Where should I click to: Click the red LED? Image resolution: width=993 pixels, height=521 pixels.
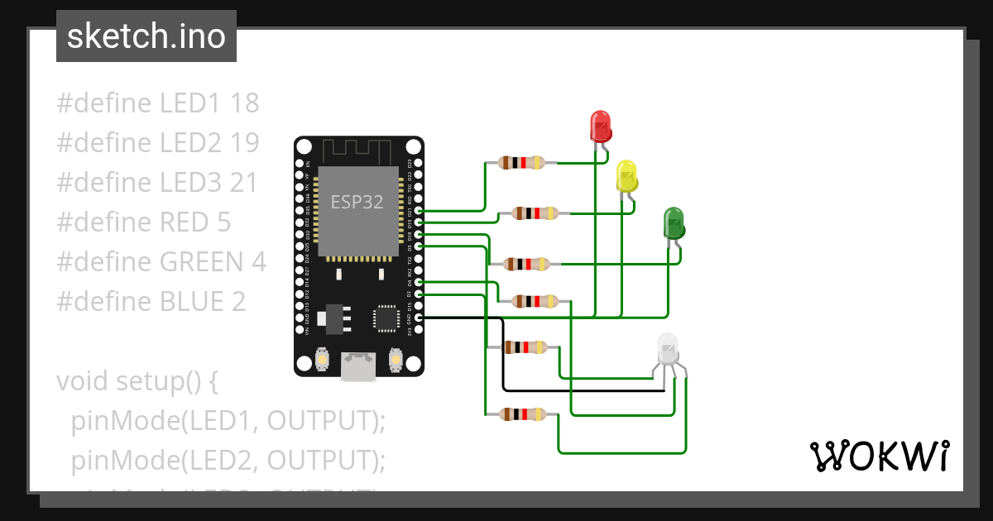(601, 126)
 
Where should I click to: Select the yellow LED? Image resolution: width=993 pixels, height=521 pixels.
(627, 177)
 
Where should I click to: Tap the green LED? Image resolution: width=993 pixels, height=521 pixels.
(674, 223)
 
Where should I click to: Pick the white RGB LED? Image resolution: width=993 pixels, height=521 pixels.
(669, 351)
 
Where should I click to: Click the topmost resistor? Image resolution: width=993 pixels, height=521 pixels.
(522, 163)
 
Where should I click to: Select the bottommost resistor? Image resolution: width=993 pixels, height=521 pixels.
(522, 413)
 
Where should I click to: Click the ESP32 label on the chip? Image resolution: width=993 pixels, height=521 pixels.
(357, 201)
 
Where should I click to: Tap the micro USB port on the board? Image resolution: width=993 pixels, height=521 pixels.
(357, 366)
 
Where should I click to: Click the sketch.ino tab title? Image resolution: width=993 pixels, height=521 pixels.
(146, 36)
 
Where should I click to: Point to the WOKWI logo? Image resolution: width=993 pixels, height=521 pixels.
(880, 456)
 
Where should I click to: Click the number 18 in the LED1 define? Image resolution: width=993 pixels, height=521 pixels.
(245, 103)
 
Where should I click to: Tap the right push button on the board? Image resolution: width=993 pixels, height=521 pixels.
(396, 361)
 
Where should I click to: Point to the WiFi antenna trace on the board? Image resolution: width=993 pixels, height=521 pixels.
(357, 151)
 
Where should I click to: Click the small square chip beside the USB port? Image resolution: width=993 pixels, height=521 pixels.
(386, 318)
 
